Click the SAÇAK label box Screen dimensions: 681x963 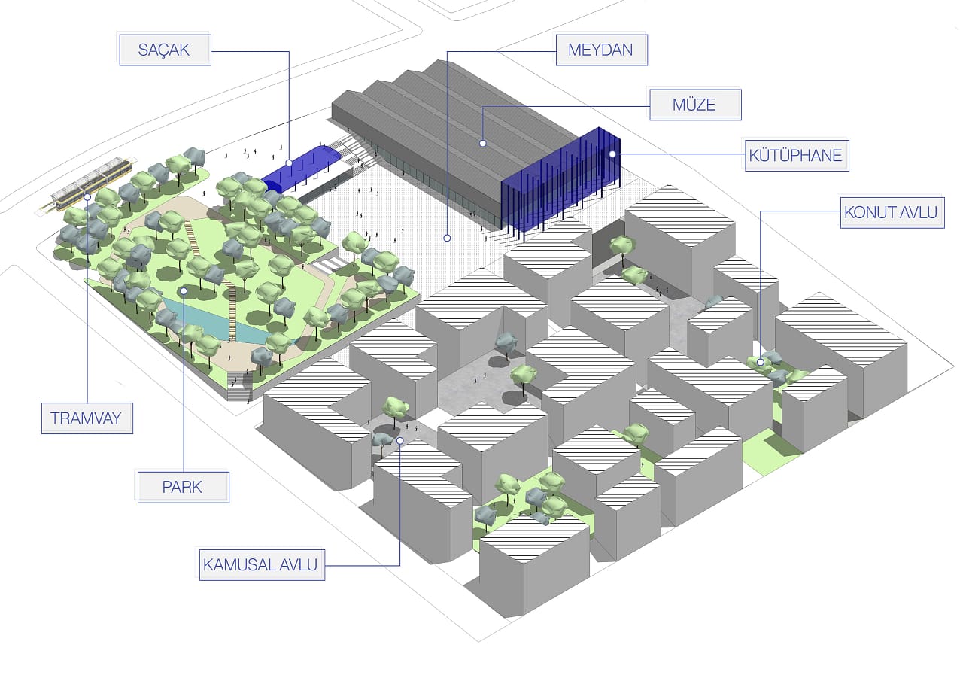165,51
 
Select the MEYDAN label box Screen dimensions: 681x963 600,51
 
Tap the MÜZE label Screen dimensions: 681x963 695,105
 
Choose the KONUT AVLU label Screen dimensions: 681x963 892,213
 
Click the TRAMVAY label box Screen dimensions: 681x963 87,418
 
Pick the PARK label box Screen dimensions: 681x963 183,487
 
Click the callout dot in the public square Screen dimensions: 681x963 447,238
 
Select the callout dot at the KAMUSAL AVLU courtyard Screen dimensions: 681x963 400,441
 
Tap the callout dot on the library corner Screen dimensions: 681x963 612,154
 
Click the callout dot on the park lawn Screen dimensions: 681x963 183,290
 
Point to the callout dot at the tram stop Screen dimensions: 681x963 88,196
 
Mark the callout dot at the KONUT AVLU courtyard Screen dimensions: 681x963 761,363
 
